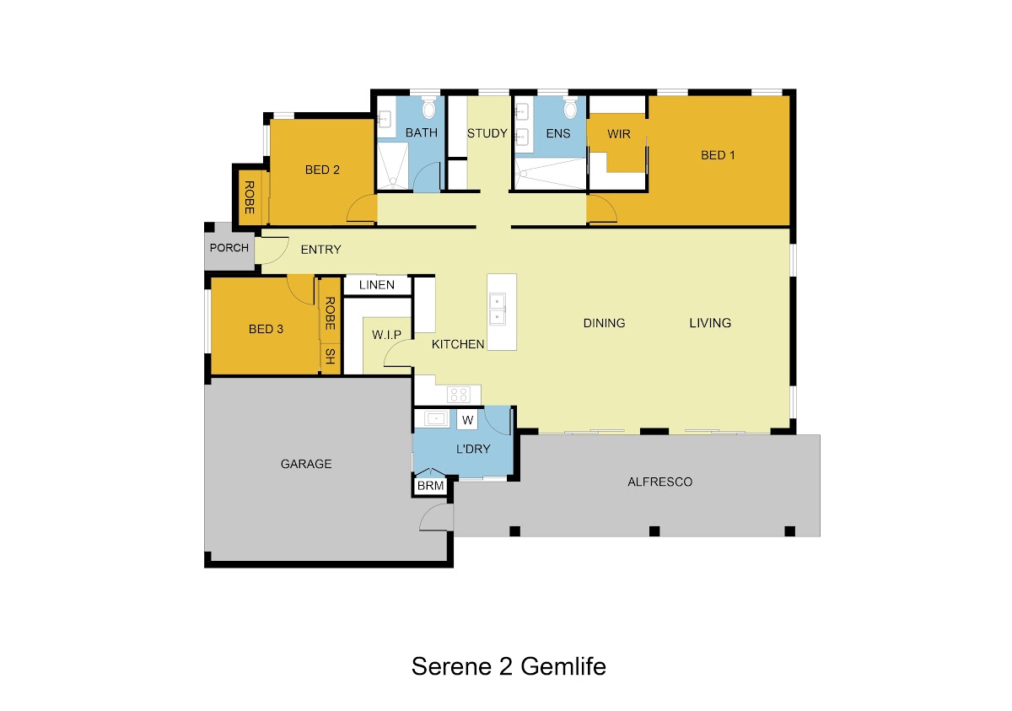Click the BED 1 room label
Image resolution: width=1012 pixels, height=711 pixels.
pos(718,155)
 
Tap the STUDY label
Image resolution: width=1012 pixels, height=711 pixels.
pos(487,133)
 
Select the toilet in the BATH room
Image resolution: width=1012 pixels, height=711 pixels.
pos(428,108)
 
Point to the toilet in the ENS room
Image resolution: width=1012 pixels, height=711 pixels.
pos(570,108)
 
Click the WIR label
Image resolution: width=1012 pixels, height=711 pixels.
pos(618,134)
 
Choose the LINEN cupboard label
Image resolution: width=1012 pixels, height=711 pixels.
pos(377,285)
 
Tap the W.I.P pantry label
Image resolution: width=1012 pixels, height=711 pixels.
pos(387,335)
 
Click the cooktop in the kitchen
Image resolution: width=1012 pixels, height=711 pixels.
pos(459,395)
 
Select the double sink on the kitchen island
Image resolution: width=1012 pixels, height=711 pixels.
pos(498,309)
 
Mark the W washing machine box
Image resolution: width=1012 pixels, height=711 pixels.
pos(467,420)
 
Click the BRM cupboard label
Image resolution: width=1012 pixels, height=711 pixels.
pos(430,486)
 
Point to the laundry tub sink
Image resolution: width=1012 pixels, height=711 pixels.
pos(436,418)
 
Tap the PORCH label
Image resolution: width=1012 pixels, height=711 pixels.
pos(229,247)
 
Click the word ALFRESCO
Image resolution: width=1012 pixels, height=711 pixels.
pos(659,482)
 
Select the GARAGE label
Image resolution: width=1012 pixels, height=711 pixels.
pos(306,464)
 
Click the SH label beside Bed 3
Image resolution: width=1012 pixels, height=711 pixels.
pos(331,357)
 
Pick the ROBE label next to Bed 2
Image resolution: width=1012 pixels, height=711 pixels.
pos(249,197)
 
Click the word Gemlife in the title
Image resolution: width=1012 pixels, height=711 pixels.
pos(563,666)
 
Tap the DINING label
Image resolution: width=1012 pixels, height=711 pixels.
pos(604,323)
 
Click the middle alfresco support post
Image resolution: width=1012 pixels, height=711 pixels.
pos(654,531)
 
